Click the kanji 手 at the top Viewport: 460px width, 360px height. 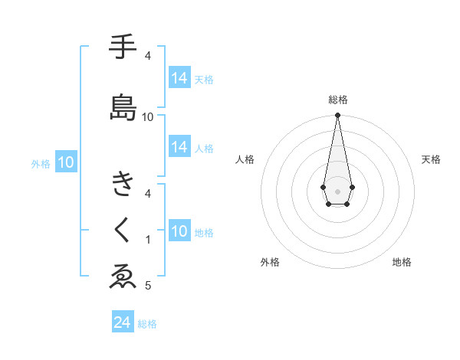point(123,47)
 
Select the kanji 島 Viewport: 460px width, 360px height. point(123,106)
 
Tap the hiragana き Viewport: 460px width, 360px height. point(123,185)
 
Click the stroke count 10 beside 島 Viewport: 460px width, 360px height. point(148,116)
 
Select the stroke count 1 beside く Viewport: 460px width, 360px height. point(148,240)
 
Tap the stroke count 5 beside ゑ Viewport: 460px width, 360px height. point(148,286)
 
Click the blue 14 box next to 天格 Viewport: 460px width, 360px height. point(179,78)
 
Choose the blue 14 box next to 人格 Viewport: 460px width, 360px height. point(179,148)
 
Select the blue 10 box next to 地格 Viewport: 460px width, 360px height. point(179,232)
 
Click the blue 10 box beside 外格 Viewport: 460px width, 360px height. point(66,162)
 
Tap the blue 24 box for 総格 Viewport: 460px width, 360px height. point(123,322)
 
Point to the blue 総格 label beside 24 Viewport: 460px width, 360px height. point(147,324)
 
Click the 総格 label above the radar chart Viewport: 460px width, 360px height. point(338,100)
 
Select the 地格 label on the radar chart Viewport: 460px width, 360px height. point(402,262)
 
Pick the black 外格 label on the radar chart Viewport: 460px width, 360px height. point(270,262)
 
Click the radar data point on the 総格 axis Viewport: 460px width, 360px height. point(337,116)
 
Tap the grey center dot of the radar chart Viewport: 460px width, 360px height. point(337,191)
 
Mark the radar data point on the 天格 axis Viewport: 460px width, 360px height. point(352,186)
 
